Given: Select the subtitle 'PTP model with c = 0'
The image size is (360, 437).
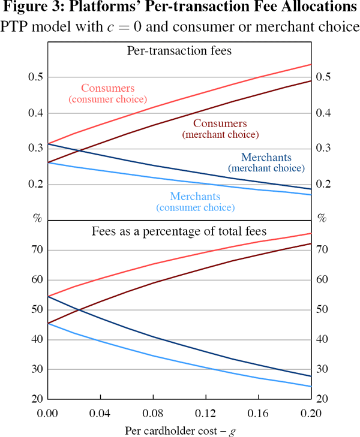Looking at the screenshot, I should point(87,26).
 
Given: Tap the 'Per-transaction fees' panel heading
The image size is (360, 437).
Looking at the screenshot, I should point(179,51).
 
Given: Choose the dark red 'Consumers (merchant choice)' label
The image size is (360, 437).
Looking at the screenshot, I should point(220,129).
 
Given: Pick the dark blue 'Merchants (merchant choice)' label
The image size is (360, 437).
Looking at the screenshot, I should point(266,162).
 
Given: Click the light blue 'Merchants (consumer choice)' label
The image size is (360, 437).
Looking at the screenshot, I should point(196,201).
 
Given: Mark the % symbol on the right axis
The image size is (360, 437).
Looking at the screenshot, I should point(322,219).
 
